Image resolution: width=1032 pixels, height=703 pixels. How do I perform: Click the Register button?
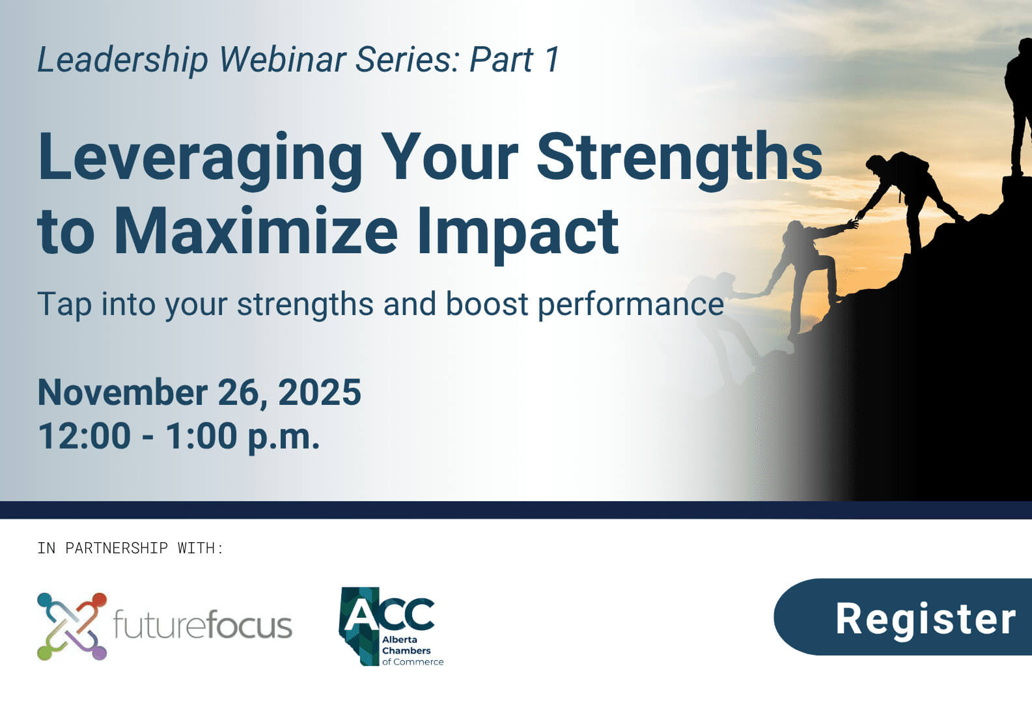[912, 617]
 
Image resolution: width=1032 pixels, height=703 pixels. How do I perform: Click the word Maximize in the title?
[256, 231]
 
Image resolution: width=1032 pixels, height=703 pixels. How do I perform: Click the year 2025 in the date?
[320, 392]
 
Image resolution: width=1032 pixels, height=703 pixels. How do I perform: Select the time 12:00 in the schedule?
[84, 435]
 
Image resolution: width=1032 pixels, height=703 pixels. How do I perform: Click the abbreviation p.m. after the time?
[284, 437]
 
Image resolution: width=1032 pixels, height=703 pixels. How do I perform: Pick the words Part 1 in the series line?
[514, 60]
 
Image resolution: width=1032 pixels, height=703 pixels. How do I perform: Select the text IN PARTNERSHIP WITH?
[130, 548]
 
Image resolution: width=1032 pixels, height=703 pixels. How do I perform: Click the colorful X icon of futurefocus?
[72, 626]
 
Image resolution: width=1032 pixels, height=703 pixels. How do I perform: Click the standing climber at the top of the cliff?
[1018, 104]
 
